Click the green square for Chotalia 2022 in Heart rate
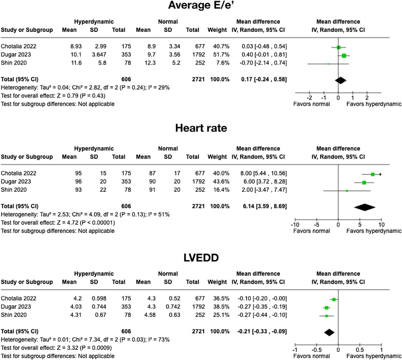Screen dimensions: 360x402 tap(373, 174)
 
